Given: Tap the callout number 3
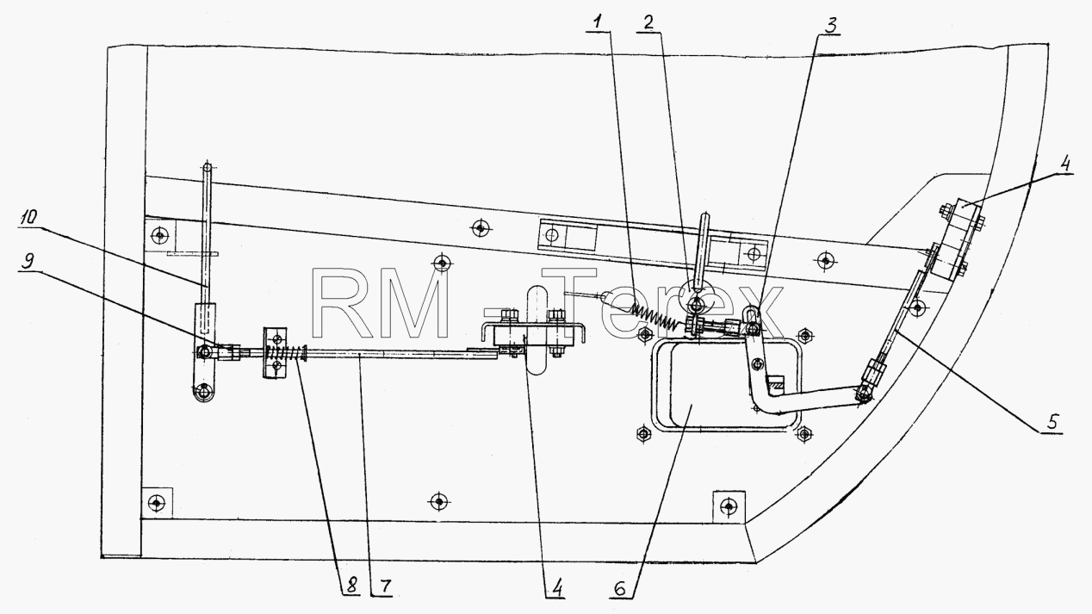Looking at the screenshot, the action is (x=831, y=25).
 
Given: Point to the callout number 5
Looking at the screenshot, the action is (x=1052, y=421).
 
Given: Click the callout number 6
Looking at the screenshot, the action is (x=619, y=589).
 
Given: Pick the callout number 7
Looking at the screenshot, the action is (x=385, y=586).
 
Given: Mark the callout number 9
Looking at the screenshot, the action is (x=28, y=261).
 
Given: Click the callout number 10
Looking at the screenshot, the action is (x=28, y=217).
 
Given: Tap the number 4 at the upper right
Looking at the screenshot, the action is (x=1065, y=163).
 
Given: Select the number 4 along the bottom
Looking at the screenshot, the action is (x=557, y=588).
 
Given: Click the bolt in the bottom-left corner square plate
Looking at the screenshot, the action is (x=157, y=502).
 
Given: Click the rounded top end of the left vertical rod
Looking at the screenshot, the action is (x=208, y=168).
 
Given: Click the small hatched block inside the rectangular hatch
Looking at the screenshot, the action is (x=775, y=384).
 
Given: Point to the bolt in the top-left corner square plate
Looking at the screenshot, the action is (x=160, y=236).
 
